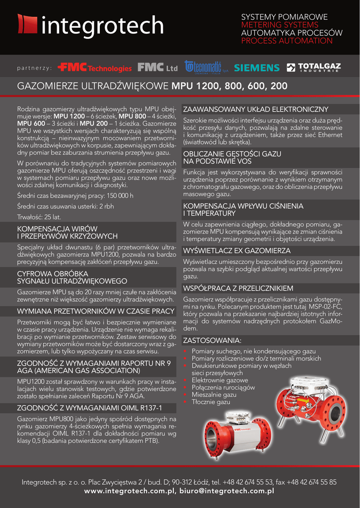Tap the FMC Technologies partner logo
tap(94, 67)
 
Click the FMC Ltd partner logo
tap(157, 67)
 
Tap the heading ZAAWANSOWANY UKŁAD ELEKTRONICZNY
tap(256, 109)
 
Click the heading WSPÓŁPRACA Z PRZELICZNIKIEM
tap(238, 288)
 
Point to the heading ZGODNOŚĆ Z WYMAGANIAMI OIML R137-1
tap(90, 408)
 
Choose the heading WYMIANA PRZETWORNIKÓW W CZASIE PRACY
tap(96, 311)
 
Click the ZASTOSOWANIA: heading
tap(212, 341)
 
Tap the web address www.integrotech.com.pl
tap(130, 491)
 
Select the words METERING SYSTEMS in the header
tap(280, 25)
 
